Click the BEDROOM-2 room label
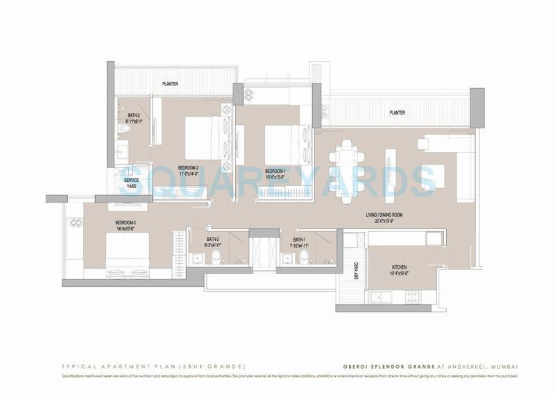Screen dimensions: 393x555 tap(188, 168)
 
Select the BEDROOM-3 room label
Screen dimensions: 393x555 tap(125, 223)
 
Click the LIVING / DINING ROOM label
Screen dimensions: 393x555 tap(384, 215)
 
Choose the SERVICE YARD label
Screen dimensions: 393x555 tap(132, 183)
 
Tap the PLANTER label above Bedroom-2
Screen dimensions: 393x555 tap(170, 84)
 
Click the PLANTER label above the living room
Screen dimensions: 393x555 tap(397, 112)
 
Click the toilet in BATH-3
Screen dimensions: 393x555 tap(216, 258)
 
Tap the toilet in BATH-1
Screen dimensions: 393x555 tap(304, 258)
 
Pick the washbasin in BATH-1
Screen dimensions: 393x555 tap(285, 260)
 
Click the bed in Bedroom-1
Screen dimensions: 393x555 tap(282, 142)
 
